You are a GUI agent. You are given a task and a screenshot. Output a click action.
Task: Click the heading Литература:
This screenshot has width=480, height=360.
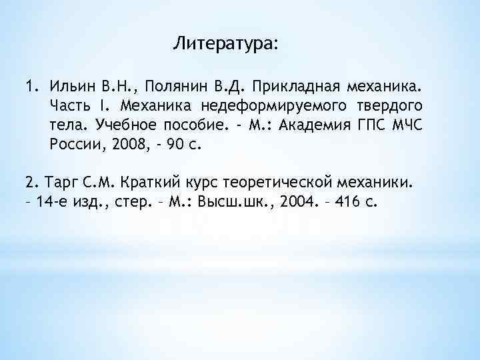[226, 44]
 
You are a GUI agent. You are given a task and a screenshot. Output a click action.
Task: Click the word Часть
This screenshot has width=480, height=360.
[70, 105]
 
